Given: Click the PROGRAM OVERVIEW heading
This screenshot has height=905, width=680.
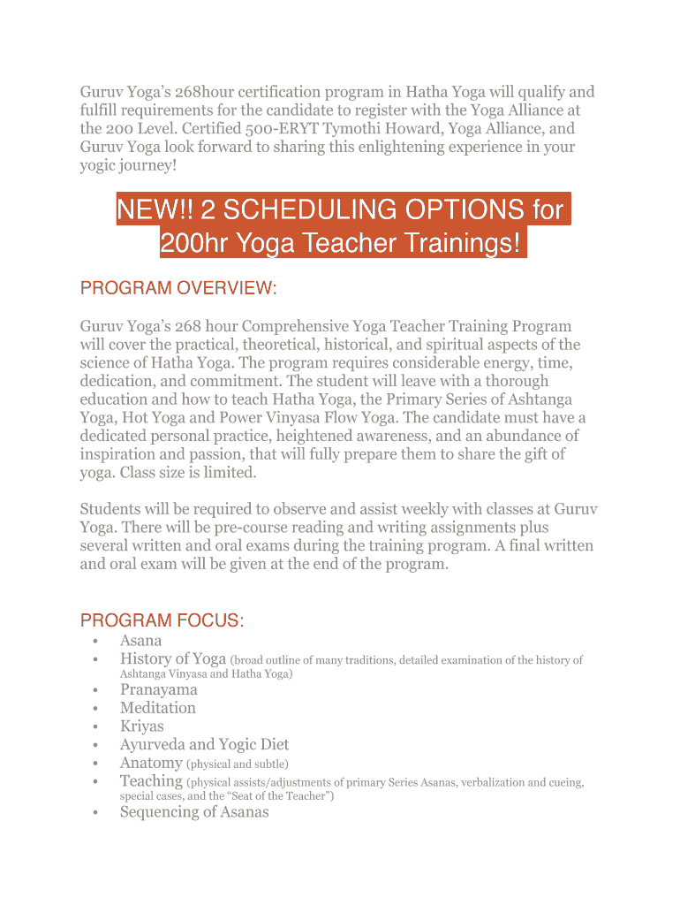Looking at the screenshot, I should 178,288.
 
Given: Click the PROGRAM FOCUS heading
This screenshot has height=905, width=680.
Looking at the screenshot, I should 162,620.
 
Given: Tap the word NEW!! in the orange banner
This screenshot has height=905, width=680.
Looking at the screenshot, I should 155,209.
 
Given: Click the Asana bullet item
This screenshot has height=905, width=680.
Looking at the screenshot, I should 140,641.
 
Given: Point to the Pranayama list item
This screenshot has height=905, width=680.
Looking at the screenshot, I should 159,690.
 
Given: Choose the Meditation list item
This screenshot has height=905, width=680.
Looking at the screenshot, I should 158,708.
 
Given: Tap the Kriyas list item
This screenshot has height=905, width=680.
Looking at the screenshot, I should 141,726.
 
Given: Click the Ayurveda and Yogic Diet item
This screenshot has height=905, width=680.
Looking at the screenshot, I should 204,745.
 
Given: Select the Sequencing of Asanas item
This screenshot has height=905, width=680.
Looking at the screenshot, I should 194,812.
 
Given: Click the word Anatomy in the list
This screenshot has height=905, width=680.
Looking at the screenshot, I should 151,763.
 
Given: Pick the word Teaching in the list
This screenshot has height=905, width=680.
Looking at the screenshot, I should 151,781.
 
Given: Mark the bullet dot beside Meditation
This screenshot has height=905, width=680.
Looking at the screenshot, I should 94,709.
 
